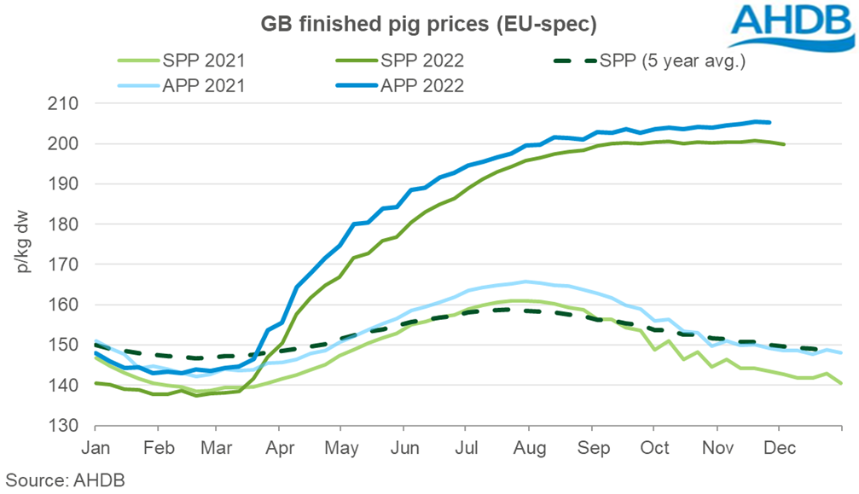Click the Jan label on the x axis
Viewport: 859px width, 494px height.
pos(96,446)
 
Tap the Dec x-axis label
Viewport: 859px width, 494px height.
pos(777,446)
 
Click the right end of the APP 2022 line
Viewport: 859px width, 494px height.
pos(770,122)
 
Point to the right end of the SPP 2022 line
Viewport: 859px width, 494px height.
pos(784,144)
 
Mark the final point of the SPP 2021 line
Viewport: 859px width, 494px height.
pos(842,383)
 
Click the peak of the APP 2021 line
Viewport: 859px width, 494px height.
pos(525,282)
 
